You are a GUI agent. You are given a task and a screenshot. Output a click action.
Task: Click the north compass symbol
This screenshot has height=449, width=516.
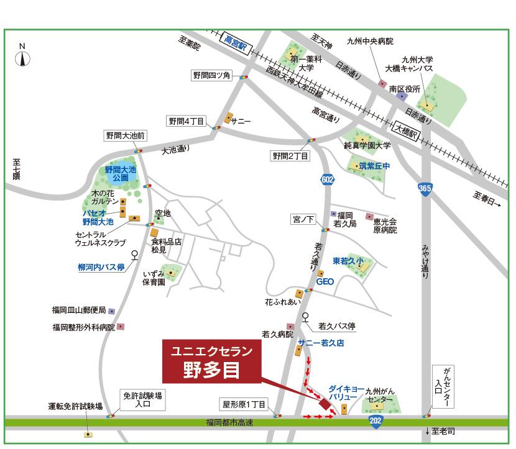pos(22,58)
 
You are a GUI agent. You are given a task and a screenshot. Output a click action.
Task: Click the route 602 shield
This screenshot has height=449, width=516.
pos(328,179)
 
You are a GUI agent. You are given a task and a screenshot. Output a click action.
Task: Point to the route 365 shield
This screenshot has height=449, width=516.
pos(425,187)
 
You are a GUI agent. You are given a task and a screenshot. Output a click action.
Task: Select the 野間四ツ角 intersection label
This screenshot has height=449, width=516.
pos(211,76)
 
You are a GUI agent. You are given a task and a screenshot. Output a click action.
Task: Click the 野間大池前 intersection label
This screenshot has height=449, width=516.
pos(125,136)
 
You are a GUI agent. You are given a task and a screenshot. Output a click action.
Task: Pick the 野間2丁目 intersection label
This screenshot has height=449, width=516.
pos(290,155)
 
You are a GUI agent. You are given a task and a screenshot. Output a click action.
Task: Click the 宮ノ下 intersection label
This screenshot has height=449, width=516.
pos(304,219)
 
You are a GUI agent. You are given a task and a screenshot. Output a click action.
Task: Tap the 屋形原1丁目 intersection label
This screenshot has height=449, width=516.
pos(244,404)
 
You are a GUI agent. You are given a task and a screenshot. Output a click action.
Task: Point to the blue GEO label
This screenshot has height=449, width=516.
pos(325,281)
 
